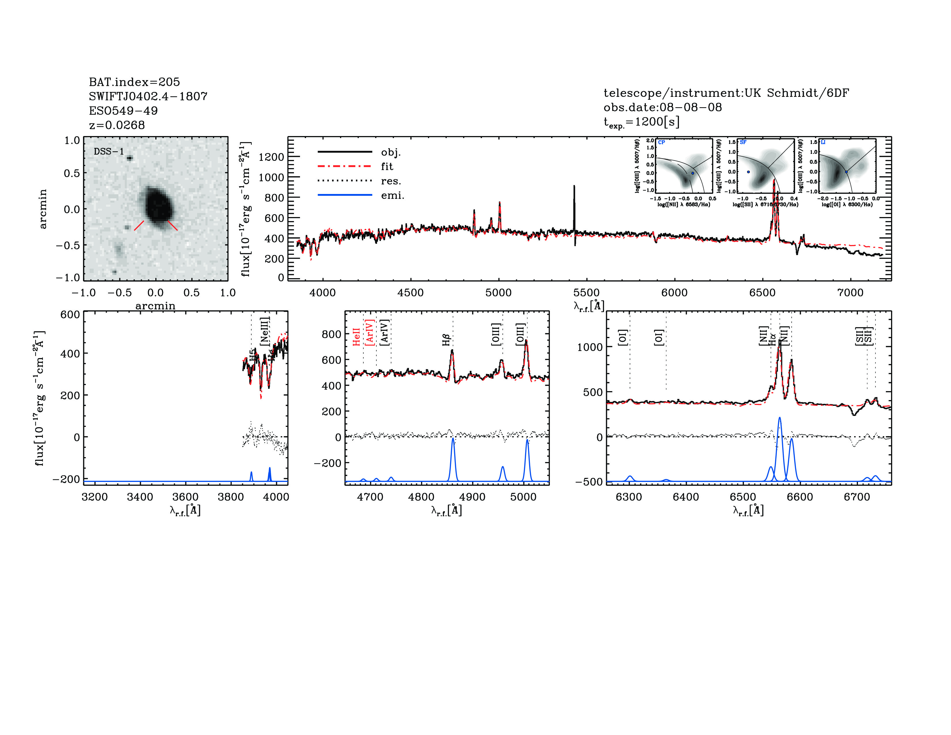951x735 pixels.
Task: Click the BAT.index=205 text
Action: coord(134,82)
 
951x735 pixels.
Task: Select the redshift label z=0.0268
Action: coord(117,125)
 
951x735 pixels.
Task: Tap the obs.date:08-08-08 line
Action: coord(662,107)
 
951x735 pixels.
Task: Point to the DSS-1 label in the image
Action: coord(109,152)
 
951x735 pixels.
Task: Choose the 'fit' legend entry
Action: coord(387,166)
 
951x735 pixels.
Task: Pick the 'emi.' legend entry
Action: coord(392,195)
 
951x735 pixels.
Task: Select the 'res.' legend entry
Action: coord(390,181)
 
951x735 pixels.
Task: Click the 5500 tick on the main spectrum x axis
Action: coord(586,293)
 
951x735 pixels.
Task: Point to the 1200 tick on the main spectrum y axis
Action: coord(271,157)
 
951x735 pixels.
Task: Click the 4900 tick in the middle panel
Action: coord(472,497)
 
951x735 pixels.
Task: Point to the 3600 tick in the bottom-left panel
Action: coord(185,497)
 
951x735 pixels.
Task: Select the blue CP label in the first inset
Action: coord(661,142)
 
